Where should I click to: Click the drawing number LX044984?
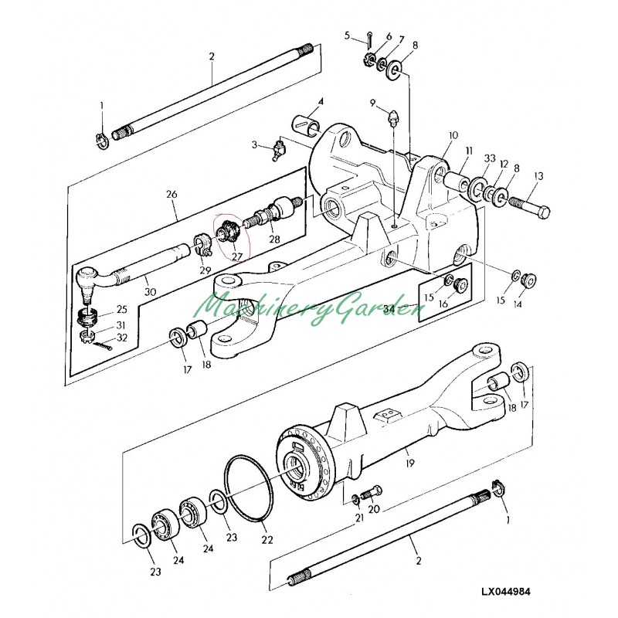pyautogui.click(x=506, y=592)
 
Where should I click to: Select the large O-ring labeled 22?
pyautogui.click(x=249, y=488)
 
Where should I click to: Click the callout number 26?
pyautogui.click(x=171, y=195)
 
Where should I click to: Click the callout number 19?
pyautogui.click(x=410, y=463)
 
